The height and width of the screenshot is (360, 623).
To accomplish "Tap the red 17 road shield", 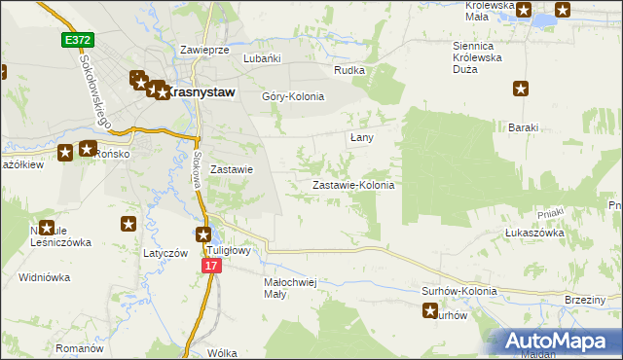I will click(213, 266).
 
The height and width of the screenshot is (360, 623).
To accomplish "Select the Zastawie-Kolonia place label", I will click(352, 185).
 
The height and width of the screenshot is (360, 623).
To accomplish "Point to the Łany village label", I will click(362, 138).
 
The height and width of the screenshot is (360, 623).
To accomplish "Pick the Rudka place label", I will click(348, 70).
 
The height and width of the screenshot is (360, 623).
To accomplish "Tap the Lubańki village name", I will click(262, 58).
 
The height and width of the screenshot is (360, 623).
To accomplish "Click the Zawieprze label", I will click(204, 49).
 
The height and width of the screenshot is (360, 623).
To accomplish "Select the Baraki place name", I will click(524, 127).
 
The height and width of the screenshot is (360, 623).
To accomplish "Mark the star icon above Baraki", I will click(522, 90).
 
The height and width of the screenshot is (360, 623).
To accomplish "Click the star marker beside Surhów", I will click(430, 311).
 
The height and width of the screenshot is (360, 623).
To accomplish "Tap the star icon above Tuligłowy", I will click(203, 234).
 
